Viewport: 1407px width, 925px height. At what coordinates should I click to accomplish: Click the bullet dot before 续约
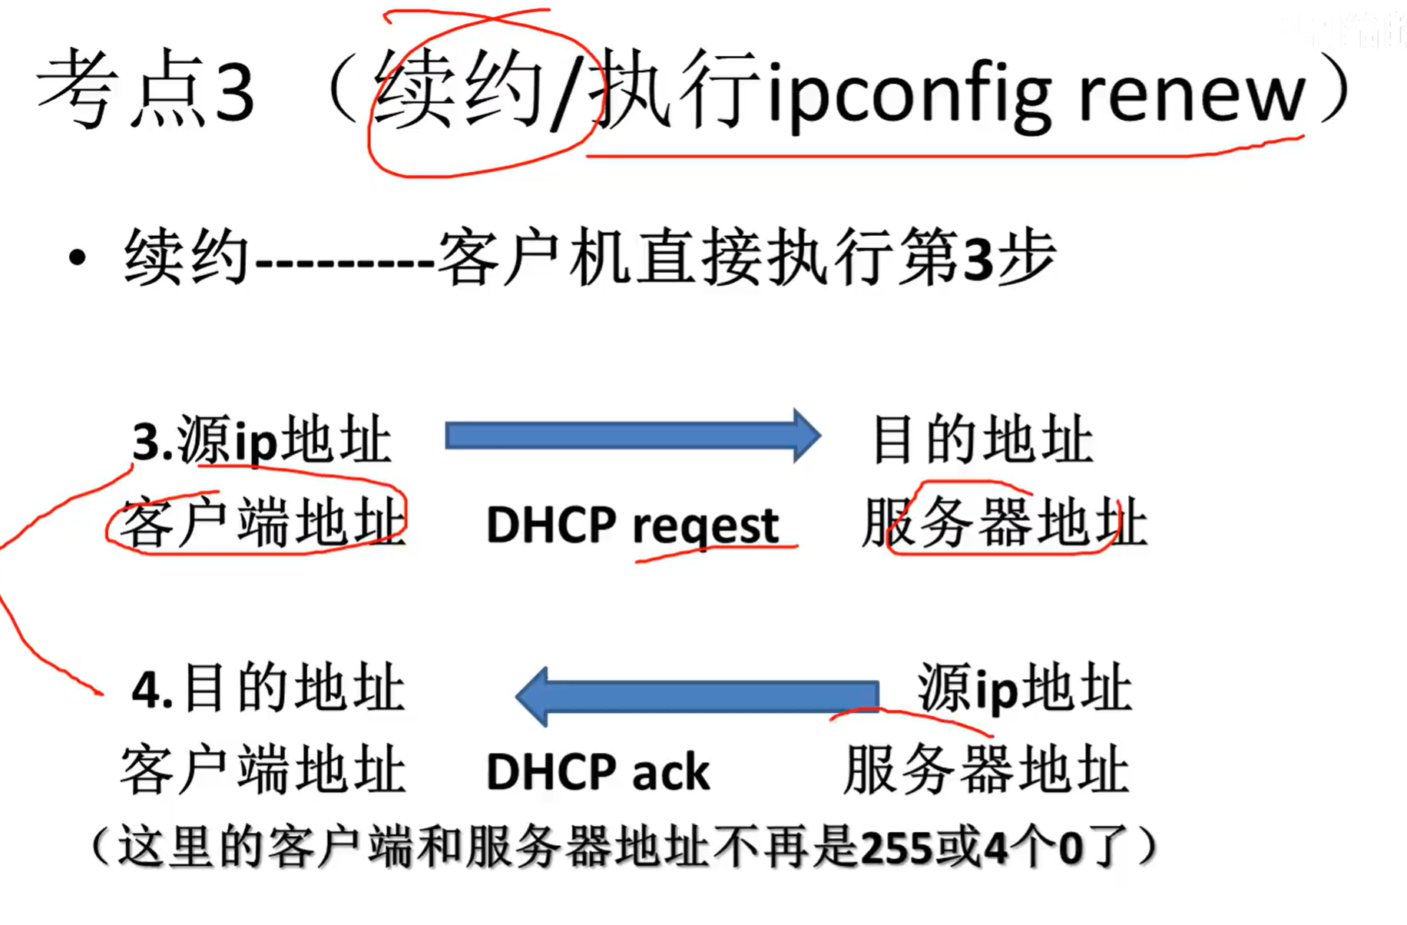[77, 258]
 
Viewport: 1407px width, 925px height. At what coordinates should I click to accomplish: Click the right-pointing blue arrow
[632, 436]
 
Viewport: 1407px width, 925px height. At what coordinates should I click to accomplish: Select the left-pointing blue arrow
[697, 696]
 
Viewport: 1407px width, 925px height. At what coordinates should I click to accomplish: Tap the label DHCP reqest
[632, 525]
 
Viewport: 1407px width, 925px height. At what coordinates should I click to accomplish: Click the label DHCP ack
[598, 771]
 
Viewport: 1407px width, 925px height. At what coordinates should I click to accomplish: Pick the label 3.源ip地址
[262, 441]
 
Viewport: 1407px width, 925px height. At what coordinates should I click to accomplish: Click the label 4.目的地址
[268, 688]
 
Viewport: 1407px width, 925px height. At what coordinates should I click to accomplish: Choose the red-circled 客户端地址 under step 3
[262, 522]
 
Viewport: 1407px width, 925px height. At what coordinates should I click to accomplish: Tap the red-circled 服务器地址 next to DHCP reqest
[1005, 522]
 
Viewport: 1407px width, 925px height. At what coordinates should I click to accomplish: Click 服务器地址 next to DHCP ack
[986, 770]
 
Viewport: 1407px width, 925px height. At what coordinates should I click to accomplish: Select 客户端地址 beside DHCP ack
[262, 770]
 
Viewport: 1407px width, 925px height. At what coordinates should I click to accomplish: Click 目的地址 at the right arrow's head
[983, 439]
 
